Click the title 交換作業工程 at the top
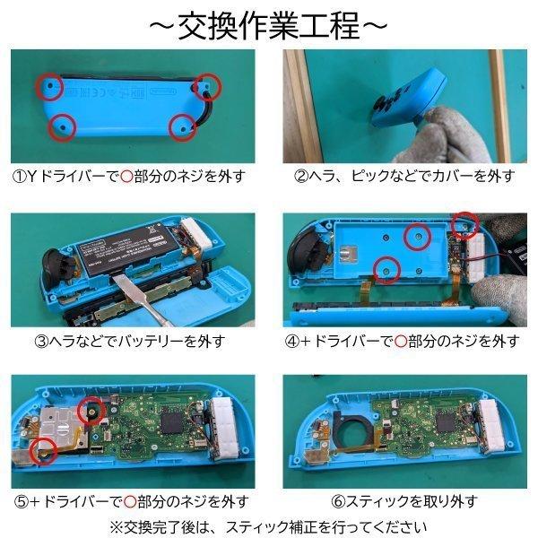point(269,24)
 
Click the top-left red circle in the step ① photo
point(49,86)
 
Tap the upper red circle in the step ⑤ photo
point(91,411)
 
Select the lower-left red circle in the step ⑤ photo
point(40,452)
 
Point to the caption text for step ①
point(129,176)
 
